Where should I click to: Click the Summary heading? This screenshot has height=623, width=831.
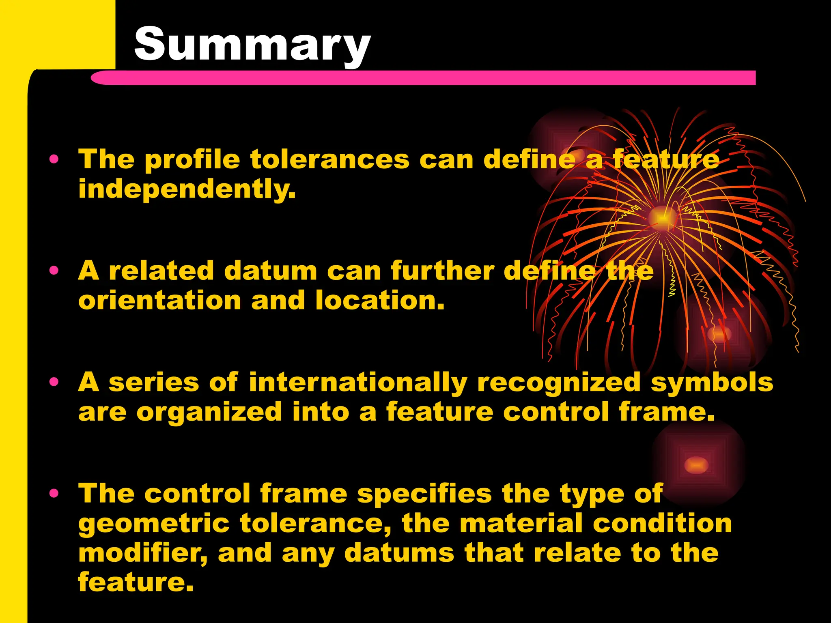[252, 44]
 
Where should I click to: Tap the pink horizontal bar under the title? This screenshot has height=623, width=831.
[422, 77]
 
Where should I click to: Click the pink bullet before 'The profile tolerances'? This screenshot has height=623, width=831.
[54, 159]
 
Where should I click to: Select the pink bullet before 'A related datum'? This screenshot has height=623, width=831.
[54, 270]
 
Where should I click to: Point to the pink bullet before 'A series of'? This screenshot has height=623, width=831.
[54, 382]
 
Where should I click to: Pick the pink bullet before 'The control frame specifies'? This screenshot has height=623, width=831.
[54, 493]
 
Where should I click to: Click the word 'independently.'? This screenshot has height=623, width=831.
[187, 189]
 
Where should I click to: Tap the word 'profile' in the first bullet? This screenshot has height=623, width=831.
[192, 159]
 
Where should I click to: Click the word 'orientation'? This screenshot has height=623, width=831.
[160, 301]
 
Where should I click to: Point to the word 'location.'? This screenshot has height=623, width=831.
[380, 301]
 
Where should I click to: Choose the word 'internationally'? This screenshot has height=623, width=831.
[358, 382]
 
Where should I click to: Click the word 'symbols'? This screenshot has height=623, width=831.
[712, 382]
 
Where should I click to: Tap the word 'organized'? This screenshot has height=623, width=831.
[209, 412]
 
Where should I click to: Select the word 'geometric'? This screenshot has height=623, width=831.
[154, 524]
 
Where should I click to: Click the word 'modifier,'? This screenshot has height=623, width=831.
[143, 554]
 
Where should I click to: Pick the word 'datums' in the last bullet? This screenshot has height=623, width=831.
[399, 553]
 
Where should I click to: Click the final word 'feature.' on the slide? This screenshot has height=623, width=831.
[136, 582]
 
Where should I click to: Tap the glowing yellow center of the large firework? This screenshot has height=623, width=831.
[662, 218]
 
